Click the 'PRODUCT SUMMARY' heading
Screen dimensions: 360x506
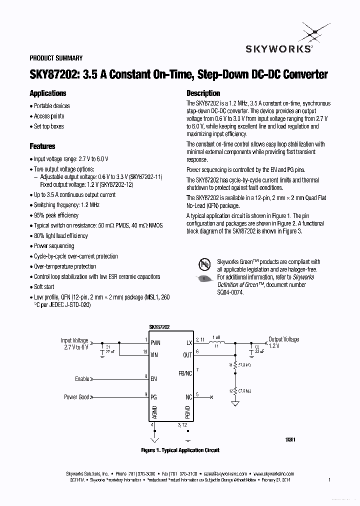56,58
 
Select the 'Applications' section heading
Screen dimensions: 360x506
48,93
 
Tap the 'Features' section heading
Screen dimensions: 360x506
42,146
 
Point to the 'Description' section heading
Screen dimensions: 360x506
203,93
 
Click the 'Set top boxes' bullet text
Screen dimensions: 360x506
49,126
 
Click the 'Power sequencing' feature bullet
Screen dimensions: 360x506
54,246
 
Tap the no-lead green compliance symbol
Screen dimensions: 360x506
204,263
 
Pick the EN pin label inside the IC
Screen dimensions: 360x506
153,379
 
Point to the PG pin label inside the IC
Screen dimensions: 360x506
153,397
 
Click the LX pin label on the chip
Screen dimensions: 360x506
189,342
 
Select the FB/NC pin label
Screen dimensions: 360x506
185,373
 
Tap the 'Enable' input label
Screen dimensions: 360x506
82,379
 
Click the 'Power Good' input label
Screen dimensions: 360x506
77,397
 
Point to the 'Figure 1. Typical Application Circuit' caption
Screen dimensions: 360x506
180,450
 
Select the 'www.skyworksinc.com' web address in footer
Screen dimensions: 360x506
273,473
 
